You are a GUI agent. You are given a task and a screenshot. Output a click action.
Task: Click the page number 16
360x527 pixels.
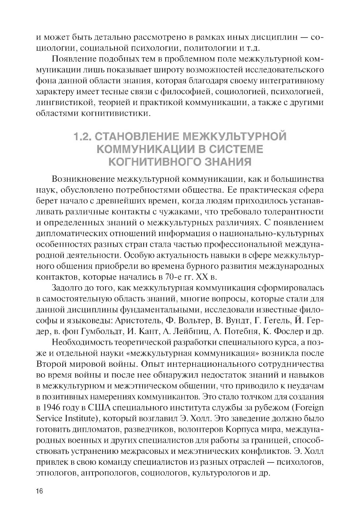click(40, 491)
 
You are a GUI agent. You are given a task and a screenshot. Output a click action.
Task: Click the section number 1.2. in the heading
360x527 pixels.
click(84, 137)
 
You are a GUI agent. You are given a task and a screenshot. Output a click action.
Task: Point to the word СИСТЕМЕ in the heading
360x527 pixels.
click(235, 149)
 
